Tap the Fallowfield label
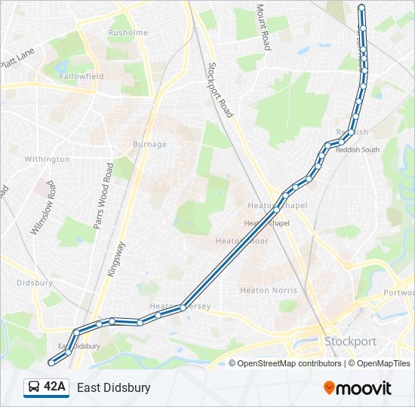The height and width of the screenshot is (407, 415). click(x=82, y=77)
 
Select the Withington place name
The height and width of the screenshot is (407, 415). click(x=47, y=159)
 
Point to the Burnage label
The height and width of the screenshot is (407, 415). click(x=149, y=145)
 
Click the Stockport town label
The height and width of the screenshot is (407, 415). click(x=350, y=341)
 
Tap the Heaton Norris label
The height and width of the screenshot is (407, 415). click(x=268, y=290)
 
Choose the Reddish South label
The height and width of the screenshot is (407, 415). click(x=358, y=149)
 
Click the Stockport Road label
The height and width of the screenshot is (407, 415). click(x=220, y=89)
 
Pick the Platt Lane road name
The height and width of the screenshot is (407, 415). click(x=18, y=57)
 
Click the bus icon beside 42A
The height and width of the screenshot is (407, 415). click(x=33, y=387)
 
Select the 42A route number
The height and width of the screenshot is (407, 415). click(x=54, y=387)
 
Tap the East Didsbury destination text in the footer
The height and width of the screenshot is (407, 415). click(x=113, y=387)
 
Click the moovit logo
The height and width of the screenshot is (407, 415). click(x=358, y=388)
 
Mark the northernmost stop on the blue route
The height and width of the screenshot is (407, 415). click(x=361, y=8)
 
